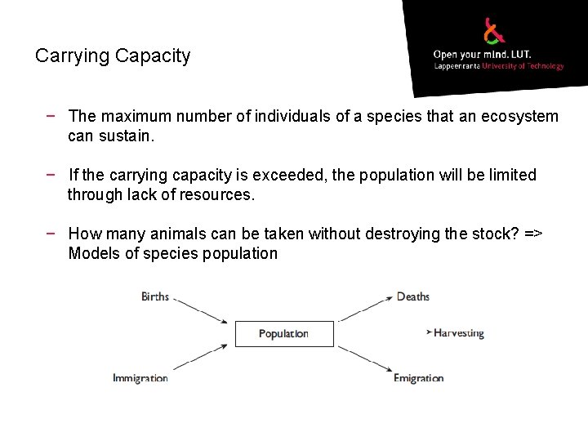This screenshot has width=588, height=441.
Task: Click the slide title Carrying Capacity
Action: pos(113,56)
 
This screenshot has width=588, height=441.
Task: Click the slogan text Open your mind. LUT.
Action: pos(482,55)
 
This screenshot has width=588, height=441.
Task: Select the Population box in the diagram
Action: pos(284,333)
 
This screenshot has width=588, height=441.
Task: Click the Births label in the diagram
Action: pos(155,296)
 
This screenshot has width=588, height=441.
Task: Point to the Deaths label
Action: pos(412,296)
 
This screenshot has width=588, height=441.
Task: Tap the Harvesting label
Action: pos(458,333)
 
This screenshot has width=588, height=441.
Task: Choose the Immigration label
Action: pos(140,378)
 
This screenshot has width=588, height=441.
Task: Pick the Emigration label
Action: pos(418,378)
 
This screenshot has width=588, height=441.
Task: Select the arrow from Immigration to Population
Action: pos(199,359)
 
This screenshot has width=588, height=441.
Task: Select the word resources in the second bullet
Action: pos(220,195)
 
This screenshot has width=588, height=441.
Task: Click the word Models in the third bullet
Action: pos(92,253)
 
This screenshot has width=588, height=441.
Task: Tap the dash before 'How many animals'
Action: pos(51,234)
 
